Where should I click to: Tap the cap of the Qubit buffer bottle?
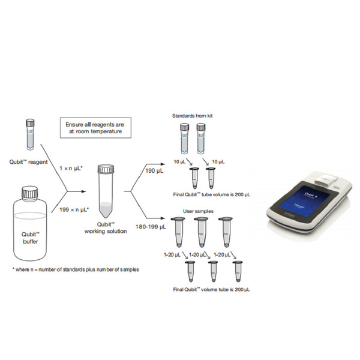[x=29, y=193]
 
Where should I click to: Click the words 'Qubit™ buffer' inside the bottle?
[x=29, y=238]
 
